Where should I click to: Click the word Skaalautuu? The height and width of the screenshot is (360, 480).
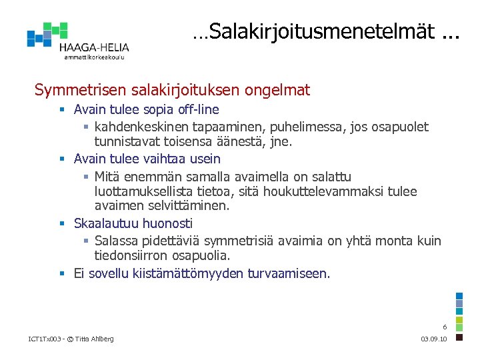(102, 223)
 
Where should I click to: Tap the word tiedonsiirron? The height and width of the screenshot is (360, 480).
(133, 255)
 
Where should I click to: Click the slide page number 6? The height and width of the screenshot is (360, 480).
(445, 327)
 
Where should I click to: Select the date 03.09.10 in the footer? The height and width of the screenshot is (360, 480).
(435, 339)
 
